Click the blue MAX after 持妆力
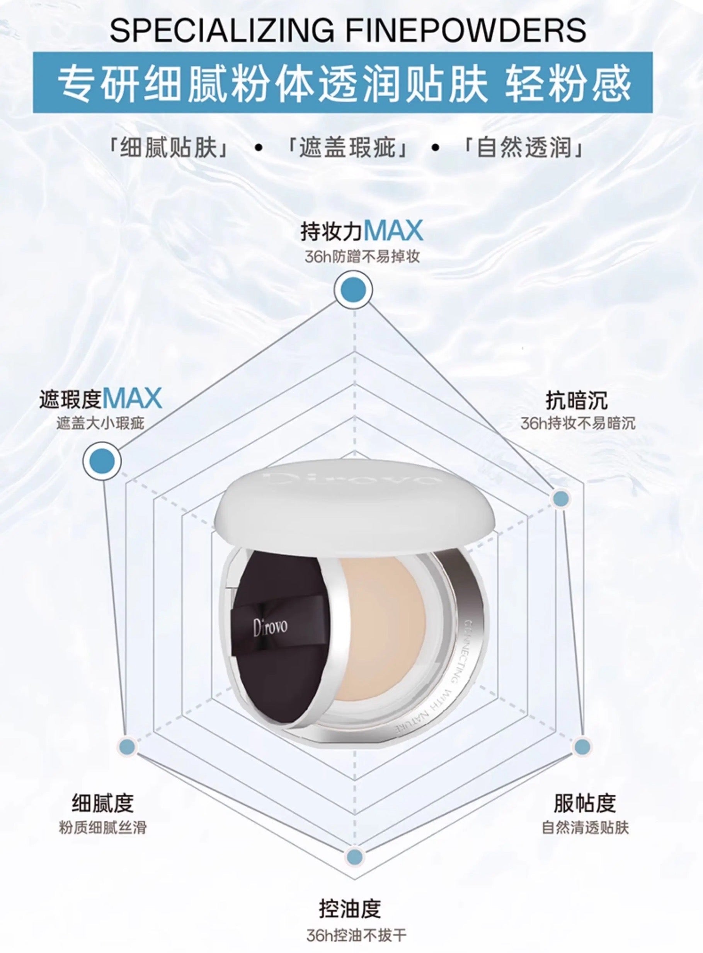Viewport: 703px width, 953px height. click(x=393, y=231)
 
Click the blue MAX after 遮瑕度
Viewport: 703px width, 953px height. click(x=132, y=399)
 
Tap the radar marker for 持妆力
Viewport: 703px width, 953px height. click(x=353, y=290)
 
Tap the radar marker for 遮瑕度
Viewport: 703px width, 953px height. click(x=102, y=461)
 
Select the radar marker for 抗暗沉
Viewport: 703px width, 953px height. click(x=560, y=498)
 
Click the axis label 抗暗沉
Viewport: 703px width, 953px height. click(x=577, y=400)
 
